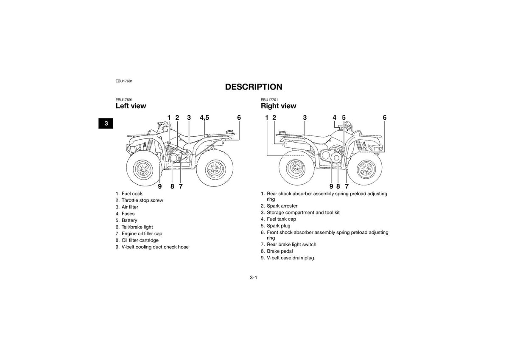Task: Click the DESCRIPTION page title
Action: (x=254, y=87)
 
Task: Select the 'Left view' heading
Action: (x=131, y=106)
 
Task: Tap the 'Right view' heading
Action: (x=278, y=106)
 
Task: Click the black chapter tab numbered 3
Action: (x=106, y=124)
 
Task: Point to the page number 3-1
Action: (x=254, y=278)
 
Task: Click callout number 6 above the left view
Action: (x=239, y=118)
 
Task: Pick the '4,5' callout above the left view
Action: (x=204, y=118)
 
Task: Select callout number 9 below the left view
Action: (x=160, y=186)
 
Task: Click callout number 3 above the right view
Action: (x=305, y=118)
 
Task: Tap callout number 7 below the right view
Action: (x=347, y=186)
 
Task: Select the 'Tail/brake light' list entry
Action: (x=134, y=227)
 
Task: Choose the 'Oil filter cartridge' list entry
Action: (x=137, y=240)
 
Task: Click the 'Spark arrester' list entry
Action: (x=279, y=206)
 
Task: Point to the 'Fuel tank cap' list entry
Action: (x=278, y=219)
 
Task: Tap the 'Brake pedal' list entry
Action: (x=277, y=251)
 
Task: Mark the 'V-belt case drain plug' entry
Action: (x=288, y=258)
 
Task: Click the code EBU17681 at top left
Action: (x=124, y=81)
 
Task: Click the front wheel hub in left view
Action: (x=143, y=169)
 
